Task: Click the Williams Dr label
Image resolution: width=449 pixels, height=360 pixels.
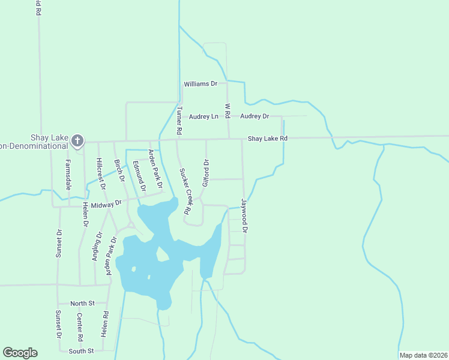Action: (x=200, y=84)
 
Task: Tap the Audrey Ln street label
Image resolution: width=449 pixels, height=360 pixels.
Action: (x=203, y=116)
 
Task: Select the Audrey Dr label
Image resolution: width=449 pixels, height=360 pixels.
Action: (x=255, y=116)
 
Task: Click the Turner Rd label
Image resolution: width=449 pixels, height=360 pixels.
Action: (x=179, y=120)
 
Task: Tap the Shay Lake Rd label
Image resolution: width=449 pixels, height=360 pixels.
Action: (x=268, y=139)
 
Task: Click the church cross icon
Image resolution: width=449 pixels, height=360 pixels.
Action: (x=77, y=141)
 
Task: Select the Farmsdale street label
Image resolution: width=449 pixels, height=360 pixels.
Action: (x=68, y=175)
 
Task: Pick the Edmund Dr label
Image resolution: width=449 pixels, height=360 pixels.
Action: (x=139, y=176)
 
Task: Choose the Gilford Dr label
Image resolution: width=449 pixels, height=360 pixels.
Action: (x=205, y=173)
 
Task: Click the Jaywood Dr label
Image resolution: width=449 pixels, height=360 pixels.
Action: (x=244, y=215)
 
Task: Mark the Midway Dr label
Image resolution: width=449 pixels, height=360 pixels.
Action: (x=106, y=203)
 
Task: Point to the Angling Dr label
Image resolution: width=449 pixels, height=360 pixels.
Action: (x=97, y=246)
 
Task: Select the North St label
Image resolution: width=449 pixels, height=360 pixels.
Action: (x=82, y=304)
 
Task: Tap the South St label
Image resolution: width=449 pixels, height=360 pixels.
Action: (x=81, y=351)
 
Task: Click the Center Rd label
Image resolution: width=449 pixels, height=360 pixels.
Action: (x=80, y=325)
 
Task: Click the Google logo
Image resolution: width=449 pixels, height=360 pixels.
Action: (x=20, y=353)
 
